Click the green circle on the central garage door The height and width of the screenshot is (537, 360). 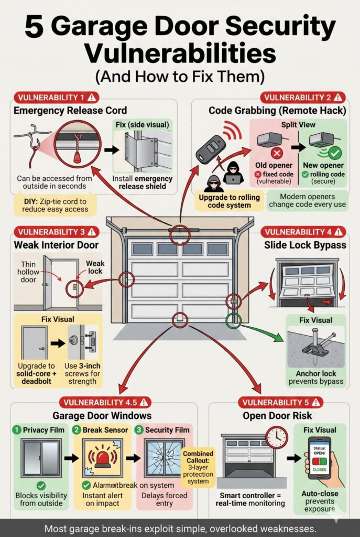[233, 320]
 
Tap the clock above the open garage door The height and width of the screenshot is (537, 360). [276, 437]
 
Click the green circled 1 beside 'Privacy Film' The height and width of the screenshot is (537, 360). [17, 429]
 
